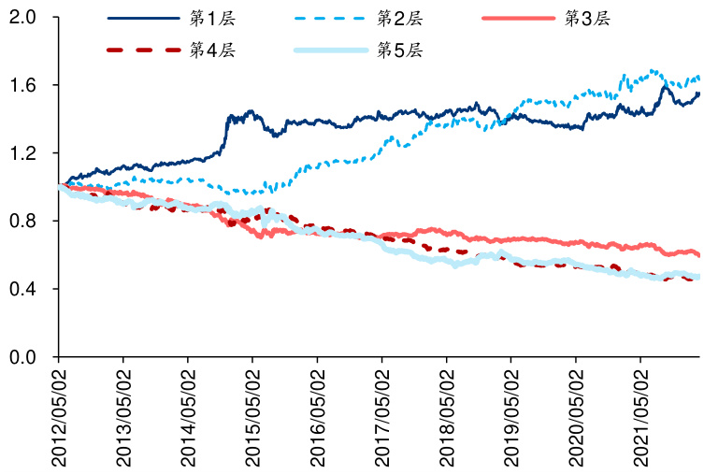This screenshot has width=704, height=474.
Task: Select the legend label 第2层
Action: coord(400,19)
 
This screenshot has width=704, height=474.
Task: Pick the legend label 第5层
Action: coord(400,50)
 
